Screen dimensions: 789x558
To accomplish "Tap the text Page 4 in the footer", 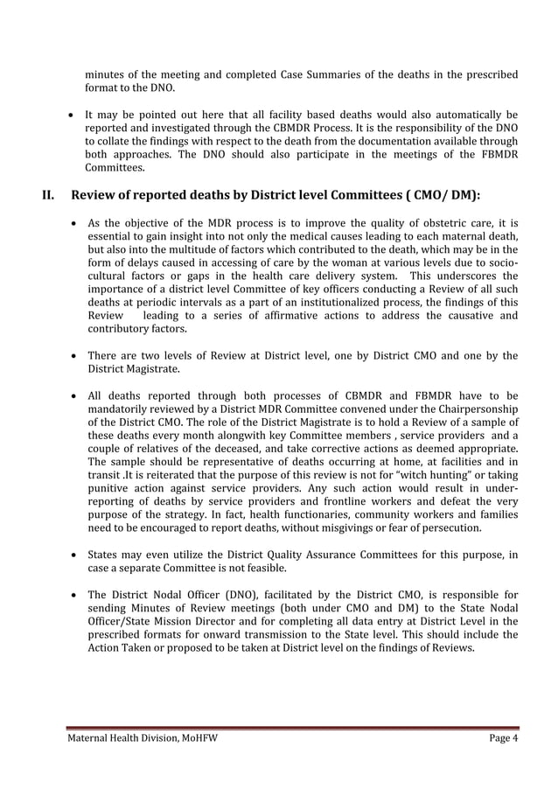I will click(x=503, y=739).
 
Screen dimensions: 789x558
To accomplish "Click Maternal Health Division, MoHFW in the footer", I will click(x=143, y=739).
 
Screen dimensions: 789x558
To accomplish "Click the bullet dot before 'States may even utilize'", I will click(x=70, y=555).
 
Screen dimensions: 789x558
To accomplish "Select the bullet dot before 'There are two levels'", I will click(x=70, y=356).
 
